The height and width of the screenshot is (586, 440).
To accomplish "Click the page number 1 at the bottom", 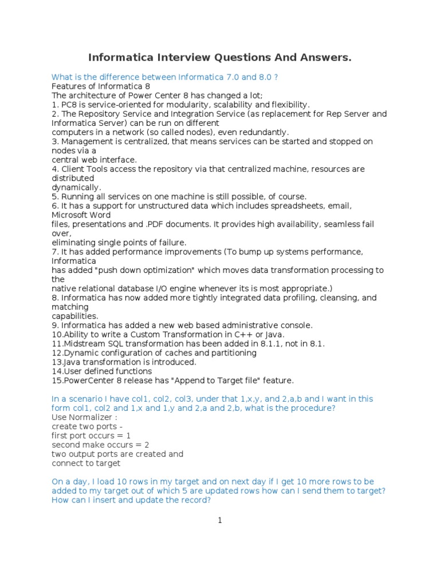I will [x=219, y=520].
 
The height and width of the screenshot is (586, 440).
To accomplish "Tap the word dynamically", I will [x=76, y=187].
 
